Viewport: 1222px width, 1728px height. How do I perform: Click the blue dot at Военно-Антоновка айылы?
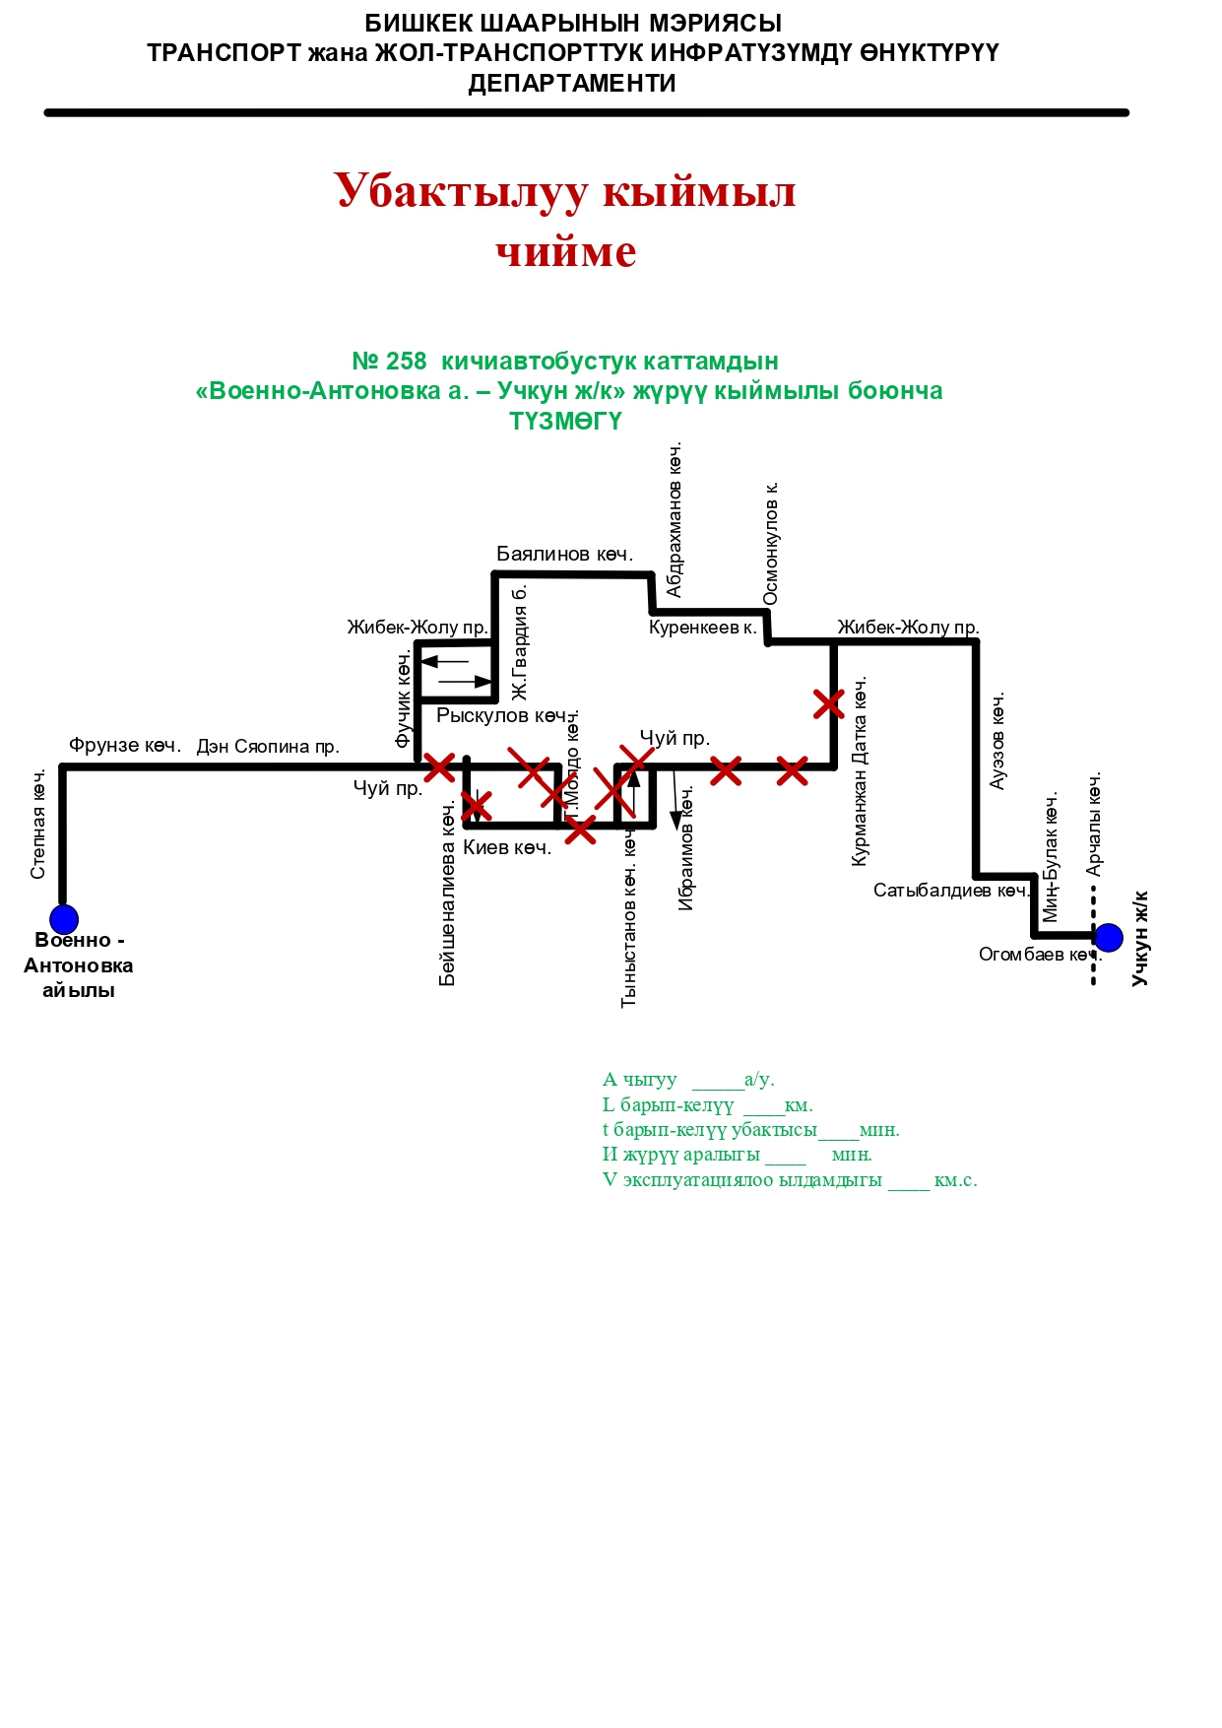click(64, 919)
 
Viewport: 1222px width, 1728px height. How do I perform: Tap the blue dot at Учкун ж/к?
click(1109, 937)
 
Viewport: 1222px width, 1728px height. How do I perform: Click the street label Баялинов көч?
click(564, 554)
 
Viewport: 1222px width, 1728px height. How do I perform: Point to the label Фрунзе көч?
click(125, 746)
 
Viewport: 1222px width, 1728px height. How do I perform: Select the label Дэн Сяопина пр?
click(268, 747)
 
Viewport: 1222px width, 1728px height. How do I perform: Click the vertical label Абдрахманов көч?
click(675, 519)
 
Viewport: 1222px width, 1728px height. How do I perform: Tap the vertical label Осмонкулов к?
click(771, 543)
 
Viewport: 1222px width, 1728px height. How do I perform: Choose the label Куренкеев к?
click(702, 628)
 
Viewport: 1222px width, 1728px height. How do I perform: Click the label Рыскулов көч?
click(502, 715)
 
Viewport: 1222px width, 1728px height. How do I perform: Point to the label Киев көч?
click(507, 847)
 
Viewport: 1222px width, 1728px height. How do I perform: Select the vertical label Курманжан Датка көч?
click(860, 771)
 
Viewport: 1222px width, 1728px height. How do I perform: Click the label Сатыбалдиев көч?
click(950, 891)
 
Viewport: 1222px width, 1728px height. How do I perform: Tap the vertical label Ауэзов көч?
click(997, 741)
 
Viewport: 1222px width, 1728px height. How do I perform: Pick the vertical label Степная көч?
click(38, 825)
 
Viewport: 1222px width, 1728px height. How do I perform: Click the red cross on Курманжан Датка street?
click(829, 704)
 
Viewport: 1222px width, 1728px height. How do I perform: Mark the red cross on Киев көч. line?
click(580, 830)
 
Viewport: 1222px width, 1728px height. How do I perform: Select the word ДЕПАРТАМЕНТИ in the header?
click(572, 84)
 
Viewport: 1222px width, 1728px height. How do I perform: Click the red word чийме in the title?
click(566, 252)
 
